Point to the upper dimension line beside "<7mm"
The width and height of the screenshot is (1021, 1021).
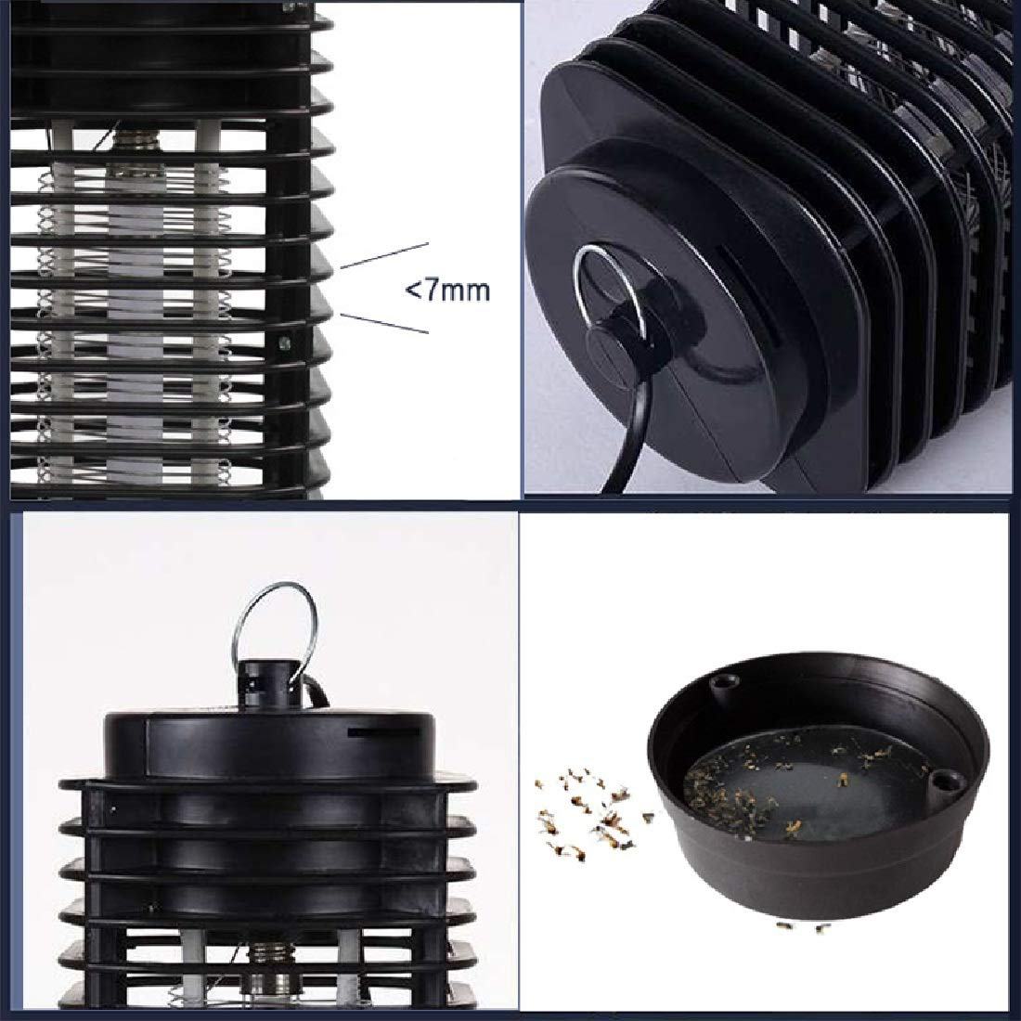pos(384,256)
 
